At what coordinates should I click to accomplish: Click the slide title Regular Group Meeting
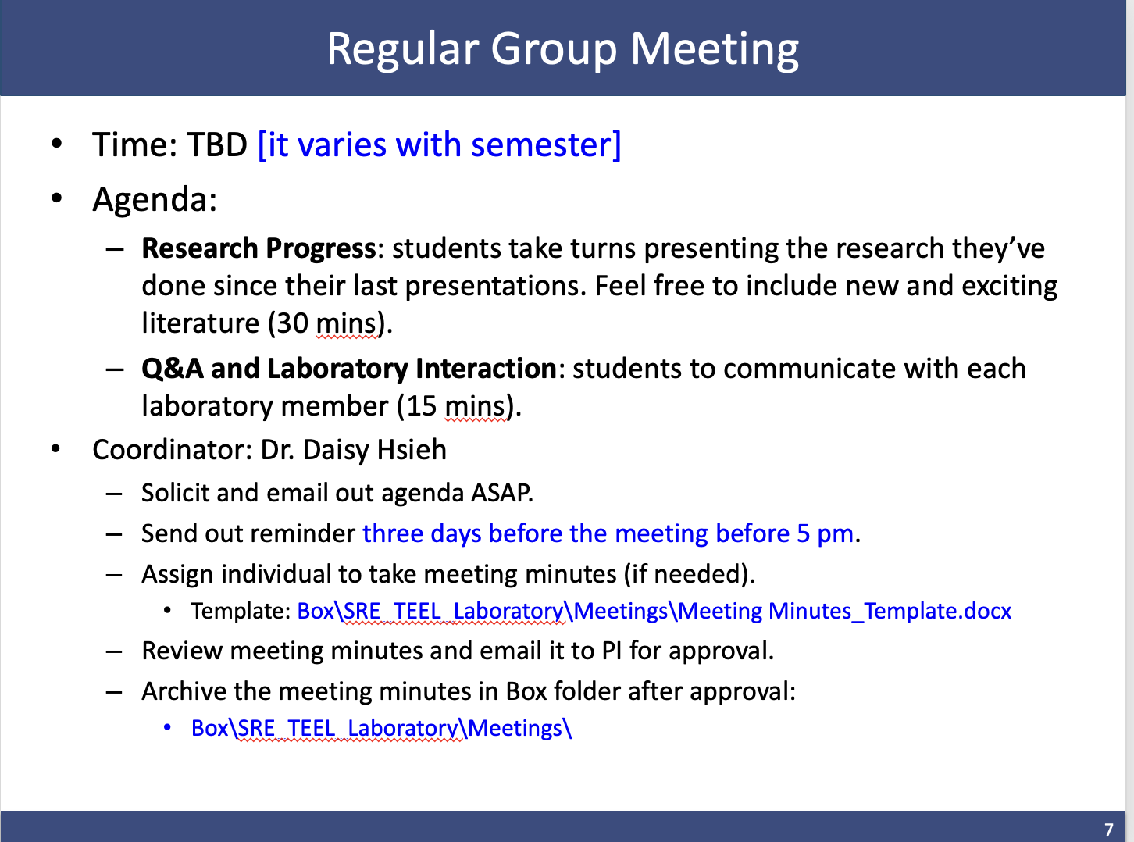coord(562,50)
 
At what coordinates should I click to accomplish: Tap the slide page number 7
coord(1108,829)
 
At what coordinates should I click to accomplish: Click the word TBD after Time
coord(217,144)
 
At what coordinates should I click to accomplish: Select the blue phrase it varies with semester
coord(440,145)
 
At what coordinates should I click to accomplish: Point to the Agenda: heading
coord(155,199)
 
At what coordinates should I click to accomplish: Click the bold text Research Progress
coord(259,248)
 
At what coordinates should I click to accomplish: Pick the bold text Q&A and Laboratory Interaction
coord(349,369)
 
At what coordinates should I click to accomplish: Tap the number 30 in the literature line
coord(292,323)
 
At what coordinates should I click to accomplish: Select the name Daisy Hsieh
coord(374,450)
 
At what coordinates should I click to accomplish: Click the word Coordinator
coord(169,450)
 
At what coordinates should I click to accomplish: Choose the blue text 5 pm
coord(826,534)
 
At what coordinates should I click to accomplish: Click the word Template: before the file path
coord(241,611)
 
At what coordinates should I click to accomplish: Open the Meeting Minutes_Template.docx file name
coord(844,612)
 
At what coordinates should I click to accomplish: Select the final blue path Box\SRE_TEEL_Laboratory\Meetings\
coord(381,729)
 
